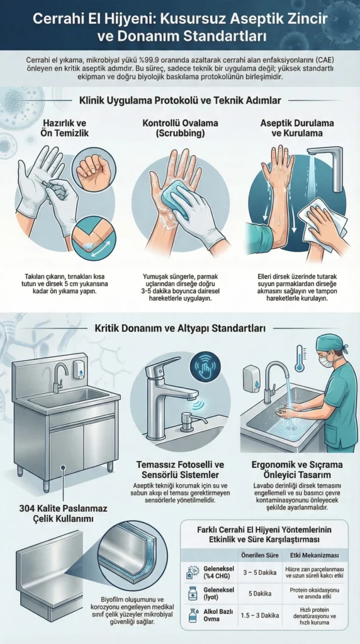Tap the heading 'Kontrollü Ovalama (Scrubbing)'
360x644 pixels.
[178, 127]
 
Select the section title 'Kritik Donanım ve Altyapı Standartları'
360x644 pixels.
[181, 328]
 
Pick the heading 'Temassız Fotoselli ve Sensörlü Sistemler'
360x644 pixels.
[181, 469]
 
